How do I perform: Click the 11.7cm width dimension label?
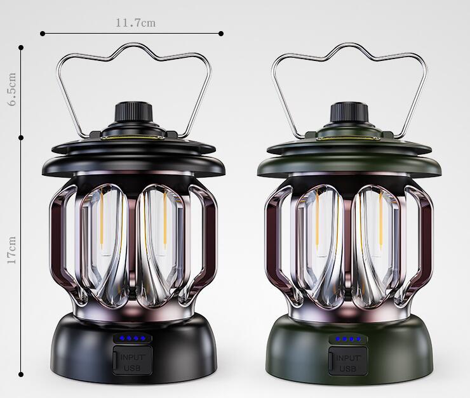[x=136, y=23]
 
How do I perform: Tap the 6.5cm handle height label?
[x=12, y=89]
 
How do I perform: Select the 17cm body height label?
[x=11, y=249]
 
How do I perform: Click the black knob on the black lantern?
[x=133, y=112]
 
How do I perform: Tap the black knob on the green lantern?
[x=349, y=112]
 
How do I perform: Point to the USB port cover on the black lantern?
[x=133, y=361]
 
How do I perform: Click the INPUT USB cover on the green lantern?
[x=348, y=361]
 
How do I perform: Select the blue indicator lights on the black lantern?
[x=132, y=338]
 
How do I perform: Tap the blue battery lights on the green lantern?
[x=347, y=339]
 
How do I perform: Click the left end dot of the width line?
[x=43, y=34]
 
